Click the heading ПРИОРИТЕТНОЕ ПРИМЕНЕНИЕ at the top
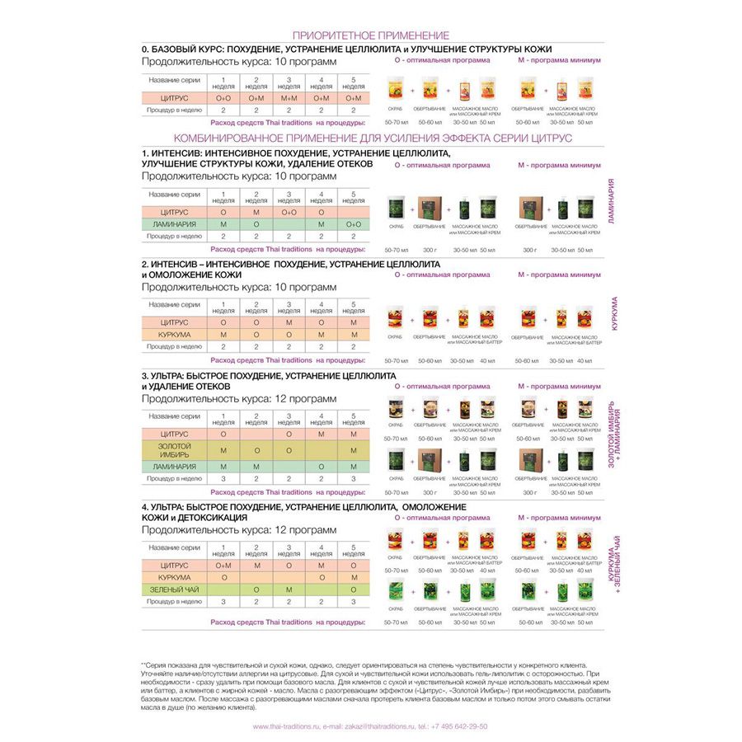[371, 35]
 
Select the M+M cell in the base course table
[289, 97]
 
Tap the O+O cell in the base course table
[223, 97]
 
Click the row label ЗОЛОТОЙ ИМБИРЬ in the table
[174, 450]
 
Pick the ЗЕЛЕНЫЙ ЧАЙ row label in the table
[174, 589]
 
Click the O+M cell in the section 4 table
[223, 566]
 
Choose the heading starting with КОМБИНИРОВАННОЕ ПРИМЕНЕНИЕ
[371, 138]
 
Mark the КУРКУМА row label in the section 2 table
[174, 335]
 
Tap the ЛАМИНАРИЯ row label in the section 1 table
[174, 224]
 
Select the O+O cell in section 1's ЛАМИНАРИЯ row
[354, 224]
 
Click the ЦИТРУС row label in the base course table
[174, 97]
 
